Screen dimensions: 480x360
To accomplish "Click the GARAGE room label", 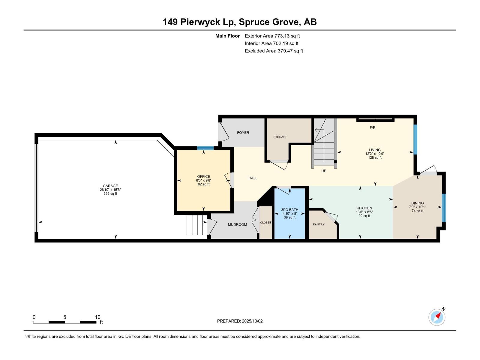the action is click(x=110, y=186).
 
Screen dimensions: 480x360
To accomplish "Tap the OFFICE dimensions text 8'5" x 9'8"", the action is click(x=204, y=180).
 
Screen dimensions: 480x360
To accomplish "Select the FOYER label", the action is click(x=243, y=133).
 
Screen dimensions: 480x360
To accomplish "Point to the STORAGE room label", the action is click(x=280, y=137).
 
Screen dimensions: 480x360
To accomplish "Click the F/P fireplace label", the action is click(x=372, y=127).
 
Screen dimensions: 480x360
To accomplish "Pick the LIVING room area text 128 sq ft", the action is click(x=375, y=157).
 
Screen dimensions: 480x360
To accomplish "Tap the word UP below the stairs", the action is click(x=324, y=171).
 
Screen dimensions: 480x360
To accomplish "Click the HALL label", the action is click(x=253, y=178).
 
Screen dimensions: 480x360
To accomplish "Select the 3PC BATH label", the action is click(x=289, y=210).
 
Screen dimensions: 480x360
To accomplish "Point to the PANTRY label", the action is click(x=319, y=224).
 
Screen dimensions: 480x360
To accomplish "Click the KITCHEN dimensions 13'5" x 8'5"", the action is click(x=364, y=212).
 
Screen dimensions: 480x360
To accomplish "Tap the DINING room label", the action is click(x=418, y=203).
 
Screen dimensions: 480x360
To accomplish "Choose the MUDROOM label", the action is click(x=237, y=224).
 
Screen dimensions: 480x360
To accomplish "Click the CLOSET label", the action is click(x=266, y=222).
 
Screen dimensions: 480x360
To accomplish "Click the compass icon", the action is click(x=437, y=317).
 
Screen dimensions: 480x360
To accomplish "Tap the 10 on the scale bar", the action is click(x=97, y=317).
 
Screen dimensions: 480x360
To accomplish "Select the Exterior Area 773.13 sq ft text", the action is click(x=272, y=36).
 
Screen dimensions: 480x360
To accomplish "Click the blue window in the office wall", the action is click(x=205, y=148).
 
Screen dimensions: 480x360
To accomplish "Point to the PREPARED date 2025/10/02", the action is click(x=252, y=321).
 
